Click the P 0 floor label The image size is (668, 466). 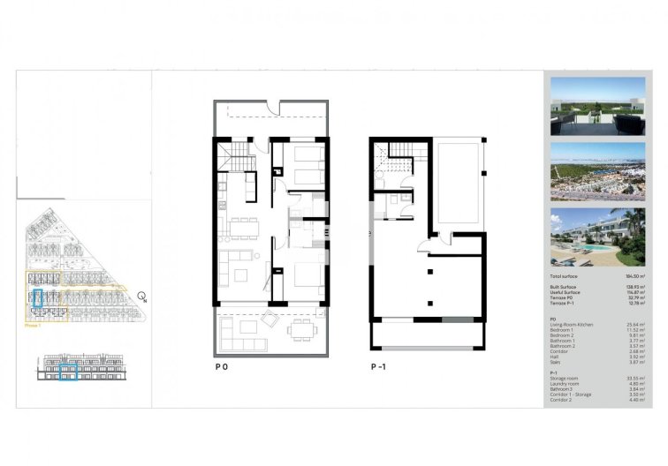(220, 365)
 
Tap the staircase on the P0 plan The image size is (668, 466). (241, 161)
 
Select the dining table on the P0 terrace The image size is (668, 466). (302, 330)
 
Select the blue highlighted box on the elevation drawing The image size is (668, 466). (68, 372)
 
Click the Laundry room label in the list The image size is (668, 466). (565, 383)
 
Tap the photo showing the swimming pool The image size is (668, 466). (597, 237)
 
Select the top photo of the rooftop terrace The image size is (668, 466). (597, 106)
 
